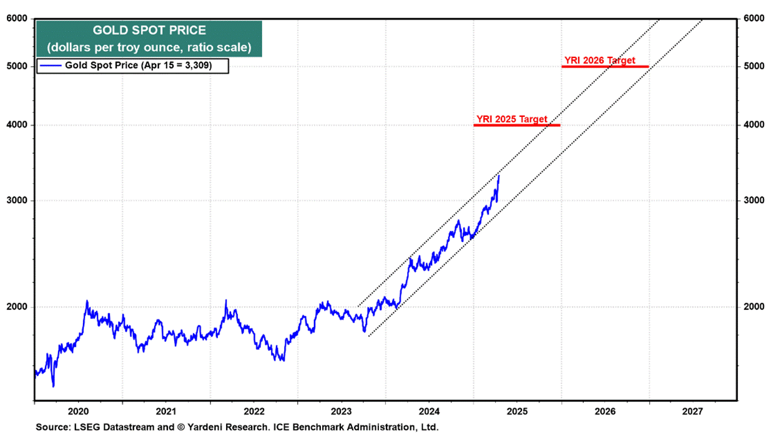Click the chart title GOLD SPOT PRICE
[x=149, y=30]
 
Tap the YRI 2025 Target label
[x=511, y=119]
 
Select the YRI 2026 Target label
[x=599, y=61]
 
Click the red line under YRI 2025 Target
[x=516, y=125]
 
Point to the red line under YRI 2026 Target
[x=605, y=66]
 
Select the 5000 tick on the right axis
[x=754, y=66]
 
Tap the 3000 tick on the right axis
[x=754, y=201]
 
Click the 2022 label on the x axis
[x=253, y=412]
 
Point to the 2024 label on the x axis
[x=429, y=412]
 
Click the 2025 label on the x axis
[x=517, y=412]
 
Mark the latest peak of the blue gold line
[x=499, y=176]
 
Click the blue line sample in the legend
[x=51, y=65]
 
